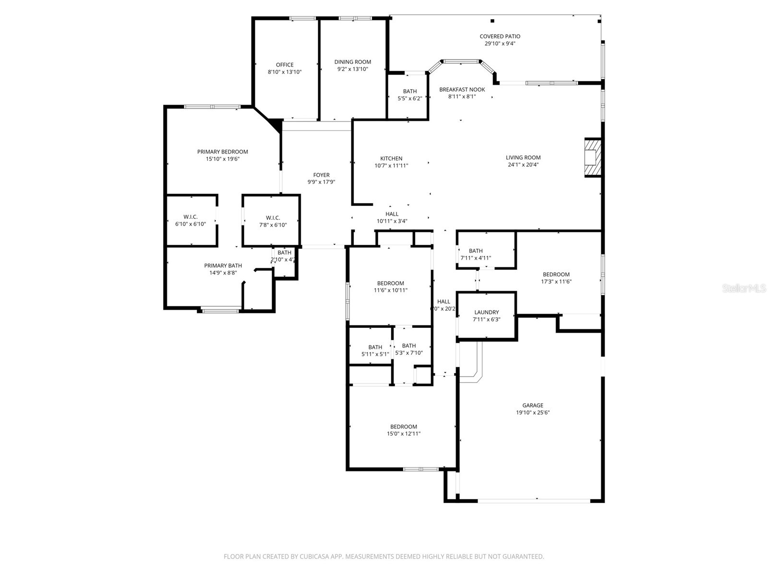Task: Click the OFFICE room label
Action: [285, 65]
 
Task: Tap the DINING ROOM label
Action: [353, 62]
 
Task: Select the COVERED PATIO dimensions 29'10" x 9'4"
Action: [500, 44]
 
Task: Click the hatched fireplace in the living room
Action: [593, 158]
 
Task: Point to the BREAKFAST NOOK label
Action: [462, 90]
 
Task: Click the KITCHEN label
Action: [391, 158]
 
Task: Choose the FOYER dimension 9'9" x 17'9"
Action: [321, 182]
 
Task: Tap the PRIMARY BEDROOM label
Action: [223, 152]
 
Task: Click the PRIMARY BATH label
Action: [223, 265]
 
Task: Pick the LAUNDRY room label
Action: [487, 312]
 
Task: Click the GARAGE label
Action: [533, 406]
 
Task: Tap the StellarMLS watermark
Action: [744, 288]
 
